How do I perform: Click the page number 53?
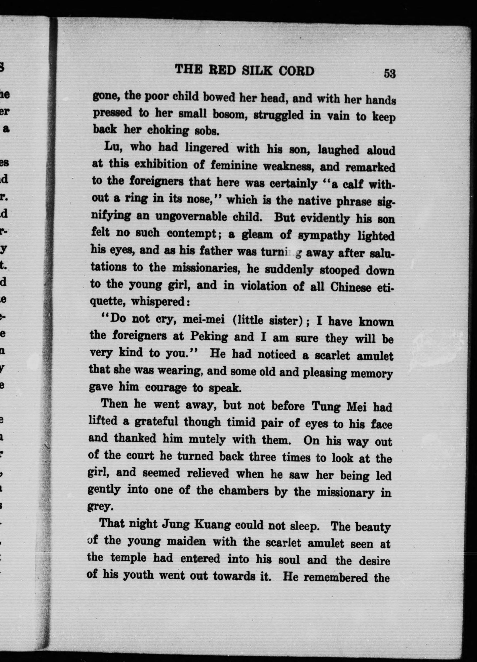[389, 73]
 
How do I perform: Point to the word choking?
[168, 130]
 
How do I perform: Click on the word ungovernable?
[191, 217]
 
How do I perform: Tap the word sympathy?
[324, 236]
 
